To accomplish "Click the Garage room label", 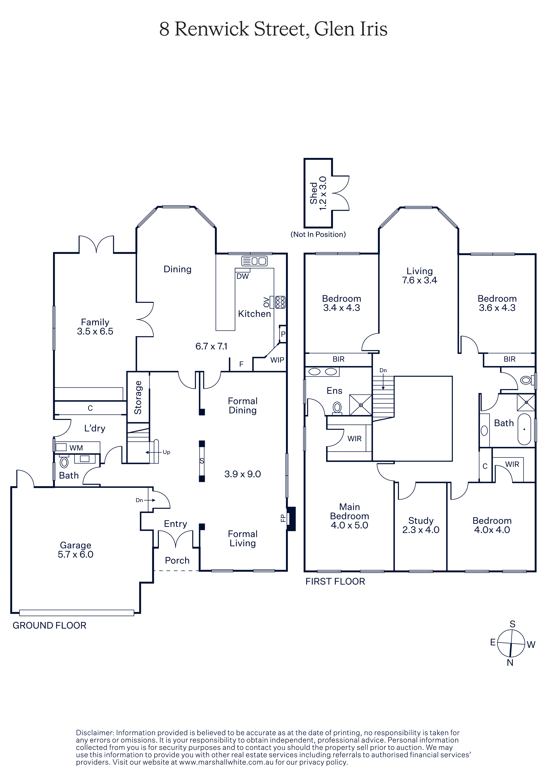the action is click(75, 545).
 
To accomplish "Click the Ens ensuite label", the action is click(334, 391).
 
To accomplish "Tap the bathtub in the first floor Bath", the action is click(524, 429).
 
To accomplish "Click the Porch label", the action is click(177, 560).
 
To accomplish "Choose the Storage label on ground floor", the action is click(138, 397).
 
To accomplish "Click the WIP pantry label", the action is click(277, 360).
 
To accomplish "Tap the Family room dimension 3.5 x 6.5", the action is click(95, 331).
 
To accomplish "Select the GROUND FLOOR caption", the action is click(50, 625).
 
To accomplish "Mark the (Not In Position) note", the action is click(318, 234).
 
